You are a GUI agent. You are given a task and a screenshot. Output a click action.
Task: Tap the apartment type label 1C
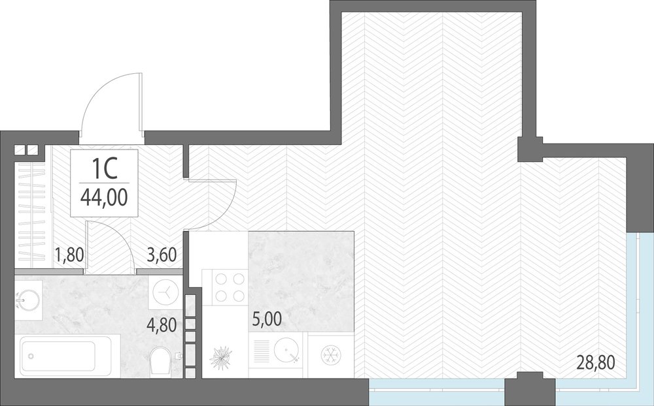[x=104, y=170]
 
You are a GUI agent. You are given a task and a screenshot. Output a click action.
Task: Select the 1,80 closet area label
[x=70, y=254]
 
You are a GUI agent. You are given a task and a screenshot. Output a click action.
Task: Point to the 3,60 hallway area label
[x=162, y=254]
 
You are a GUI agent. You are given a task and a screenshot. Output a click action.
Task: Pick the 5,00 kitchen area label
[x=267, y=319]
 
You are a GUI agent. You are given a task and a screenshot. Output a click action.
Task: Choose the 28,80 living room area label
[x=596, y=363]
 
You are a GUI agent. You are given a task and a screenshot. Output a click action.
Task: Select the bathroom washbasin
[x=27, y=300]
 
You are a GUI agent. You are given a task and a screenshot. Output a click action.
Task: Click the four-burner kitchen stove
[x=224, y=287]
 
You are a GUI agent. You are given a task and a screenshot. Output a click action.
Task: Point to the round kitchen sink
[x=287, y=352]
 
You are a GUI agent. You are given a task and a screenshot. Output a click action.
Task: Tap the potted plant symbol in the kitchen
[x=220, y=355]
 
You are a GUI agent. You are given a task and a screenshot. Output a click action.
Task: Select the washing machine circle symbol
[x=166, y=292]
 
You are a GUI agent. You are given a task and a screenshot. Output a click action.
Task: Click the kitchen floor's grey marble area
[x=301, y=281]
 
